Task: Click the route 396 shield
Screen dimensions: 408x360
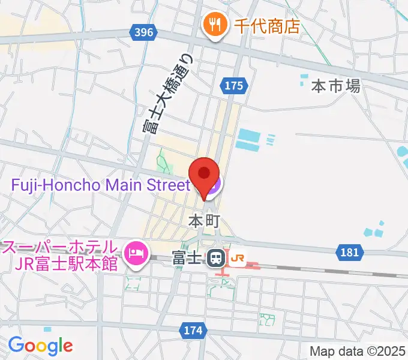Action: pos(144,31)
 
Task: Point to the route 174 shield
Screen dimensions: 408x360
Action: pos(193,330)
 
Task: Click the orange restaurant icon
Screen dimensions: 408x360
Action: pos(214,26)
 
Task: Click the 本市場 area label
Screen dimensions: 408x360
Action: pos(335,86)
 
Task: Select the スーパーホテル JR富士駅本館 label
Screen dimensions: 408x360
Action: pos(60,255)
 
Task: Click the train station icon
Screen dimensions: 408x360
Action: pos(215,259)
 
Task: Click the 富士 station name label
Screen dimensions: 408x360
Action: pos(186,259)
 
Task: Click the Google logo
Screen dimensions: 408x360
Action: pos(40,346)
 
